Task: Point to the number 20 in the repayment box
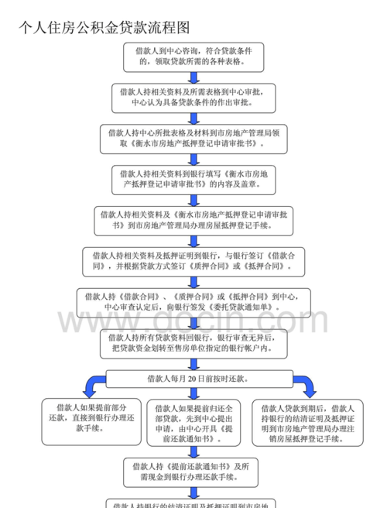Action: pyautogui.click(x=191, y=379)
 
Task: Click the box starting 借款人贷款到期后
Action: pyautogui.click(x=307, y=424)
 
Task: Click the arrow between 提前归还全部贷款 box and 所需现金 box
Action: pyautogui.click(x=193, y=451)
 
